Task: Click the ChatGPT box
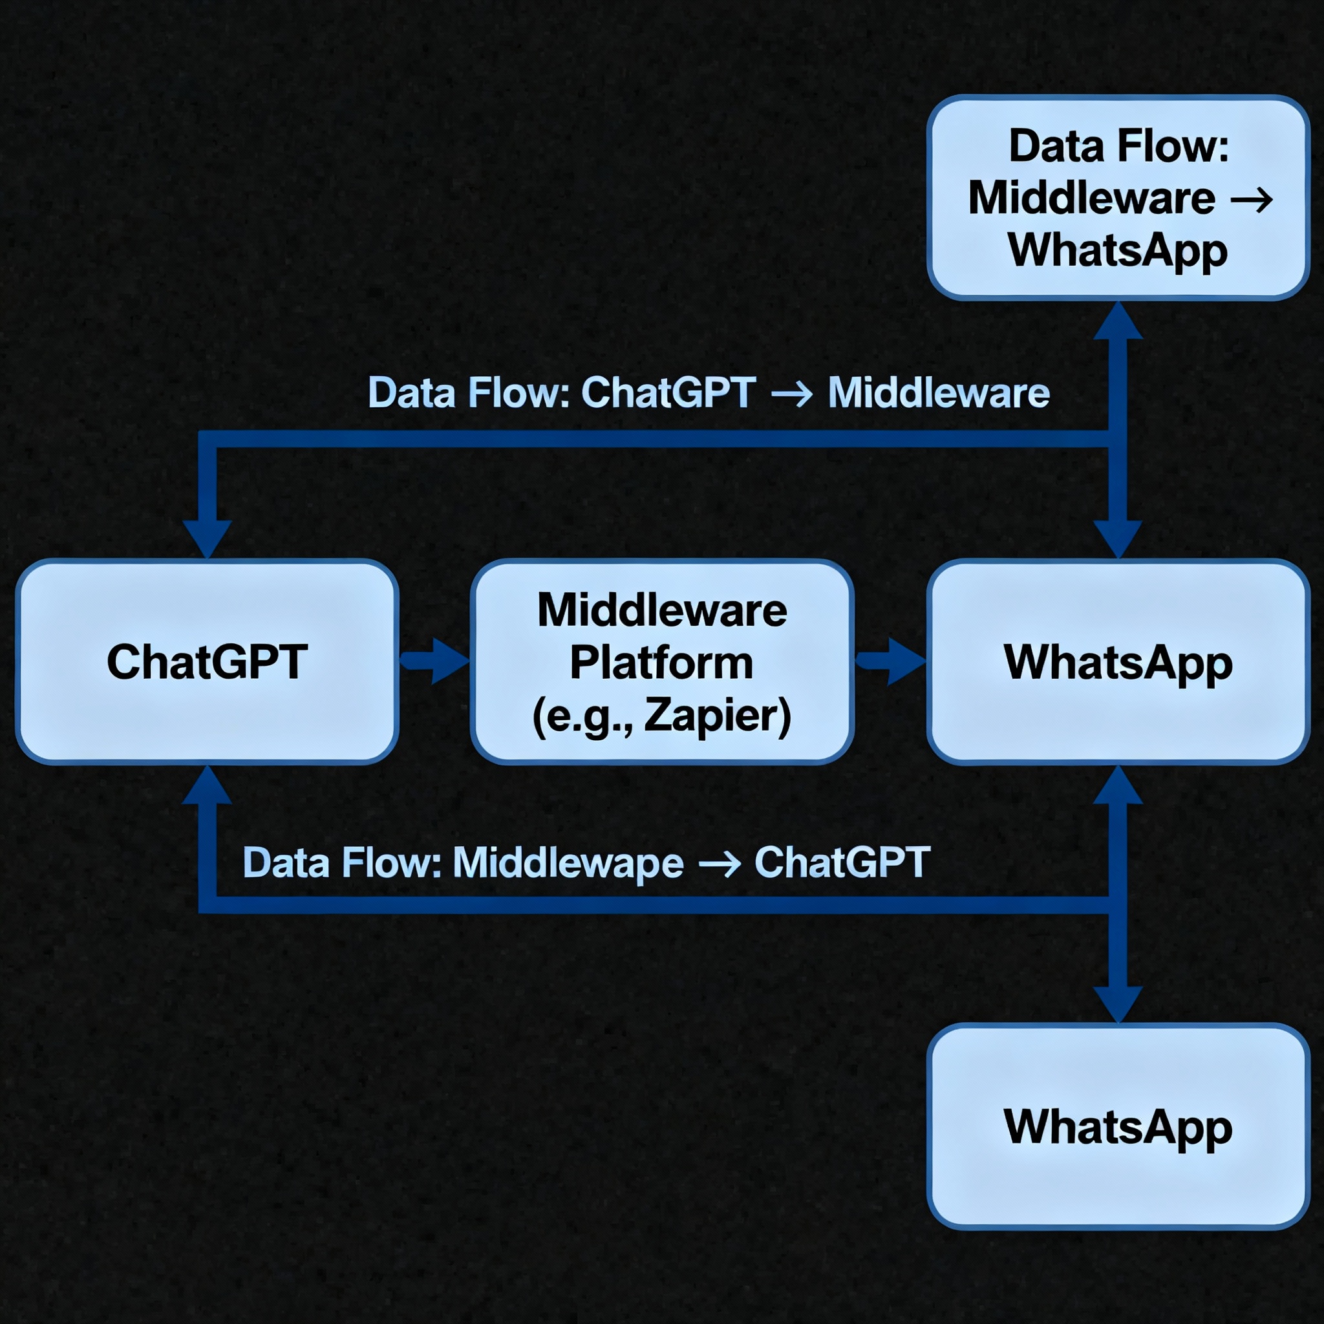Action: (x=207, y=662)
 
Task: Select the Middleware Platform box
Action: (x=662, y=662)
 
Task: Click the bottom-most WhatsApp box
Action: (x=1118, y=1127)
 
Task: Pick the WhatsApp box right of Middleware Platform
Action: (x=1118, y=662)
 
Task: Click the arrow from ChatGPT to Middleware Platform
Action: (x=436, y=661)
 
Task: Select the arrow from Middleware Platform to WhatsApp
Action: (x=891, y=661)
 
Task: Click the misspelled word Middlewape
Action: (x=568, y=862)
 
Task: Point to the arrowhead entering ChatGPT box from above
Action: (x=207, y=539)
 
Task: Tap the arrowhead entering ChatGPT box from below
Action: (x=207, y=785)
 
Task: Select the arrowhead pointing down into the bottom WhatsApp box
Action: (x=1118, y=1003)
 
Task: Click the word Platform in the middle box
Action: (x=661, y=663)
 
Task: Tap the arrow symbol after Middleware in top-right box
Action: (x=1252, y=199)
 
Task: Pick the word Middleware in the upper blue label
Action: (x=938, y=393)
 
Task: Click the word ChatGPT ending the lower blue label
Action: (x=842, y=862)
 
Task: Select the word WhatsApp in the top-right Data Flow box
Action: (x=1118, y=251)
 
